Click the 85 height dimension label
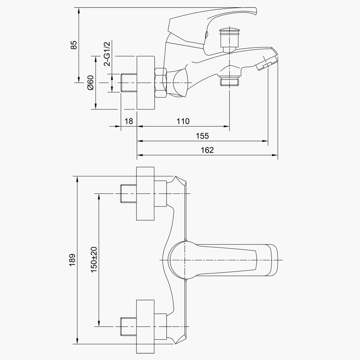pyautogui.click(x=74, y=45)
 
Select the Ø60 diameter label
pyautogui.click(x=91, y=82)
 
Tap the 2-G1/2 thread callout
pyautogui.click(x=107, y=54)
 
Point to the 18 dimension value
pyautogui.click(x=129, y=121)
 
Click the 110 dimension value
pyautogui.click(x=183, y=121)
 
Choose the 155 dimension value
pyautogui.click(x=202, y=136)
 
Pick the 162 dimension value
pyautogui.click(x=207, y=150)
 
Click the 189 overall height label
pyautogui.click(x=72, y=260)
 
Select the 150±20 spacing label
pyautogui.click(x=94, y=260)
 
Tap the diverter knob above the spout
pyautogui.click(x=229, y=38)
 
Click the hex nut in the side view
pyautogui.click(x=161, y=83)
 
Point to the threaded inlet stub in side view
pyautogui.click(x=129, y=83)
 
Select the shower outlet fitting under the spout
pyautogui.click(x=229, y=80)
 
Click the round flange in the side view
pyautogui.click(x=146, y=82)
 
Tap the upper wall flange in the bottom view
pyautogui.click(x=145, y=193)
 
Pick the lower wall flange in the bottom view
pyautogui.click(x=145, y=327)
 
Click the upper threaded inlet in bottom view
pyautogui.click(x=128, y=193)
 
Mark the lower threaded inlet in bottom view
pyautogui.click(x=128, y=327)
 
